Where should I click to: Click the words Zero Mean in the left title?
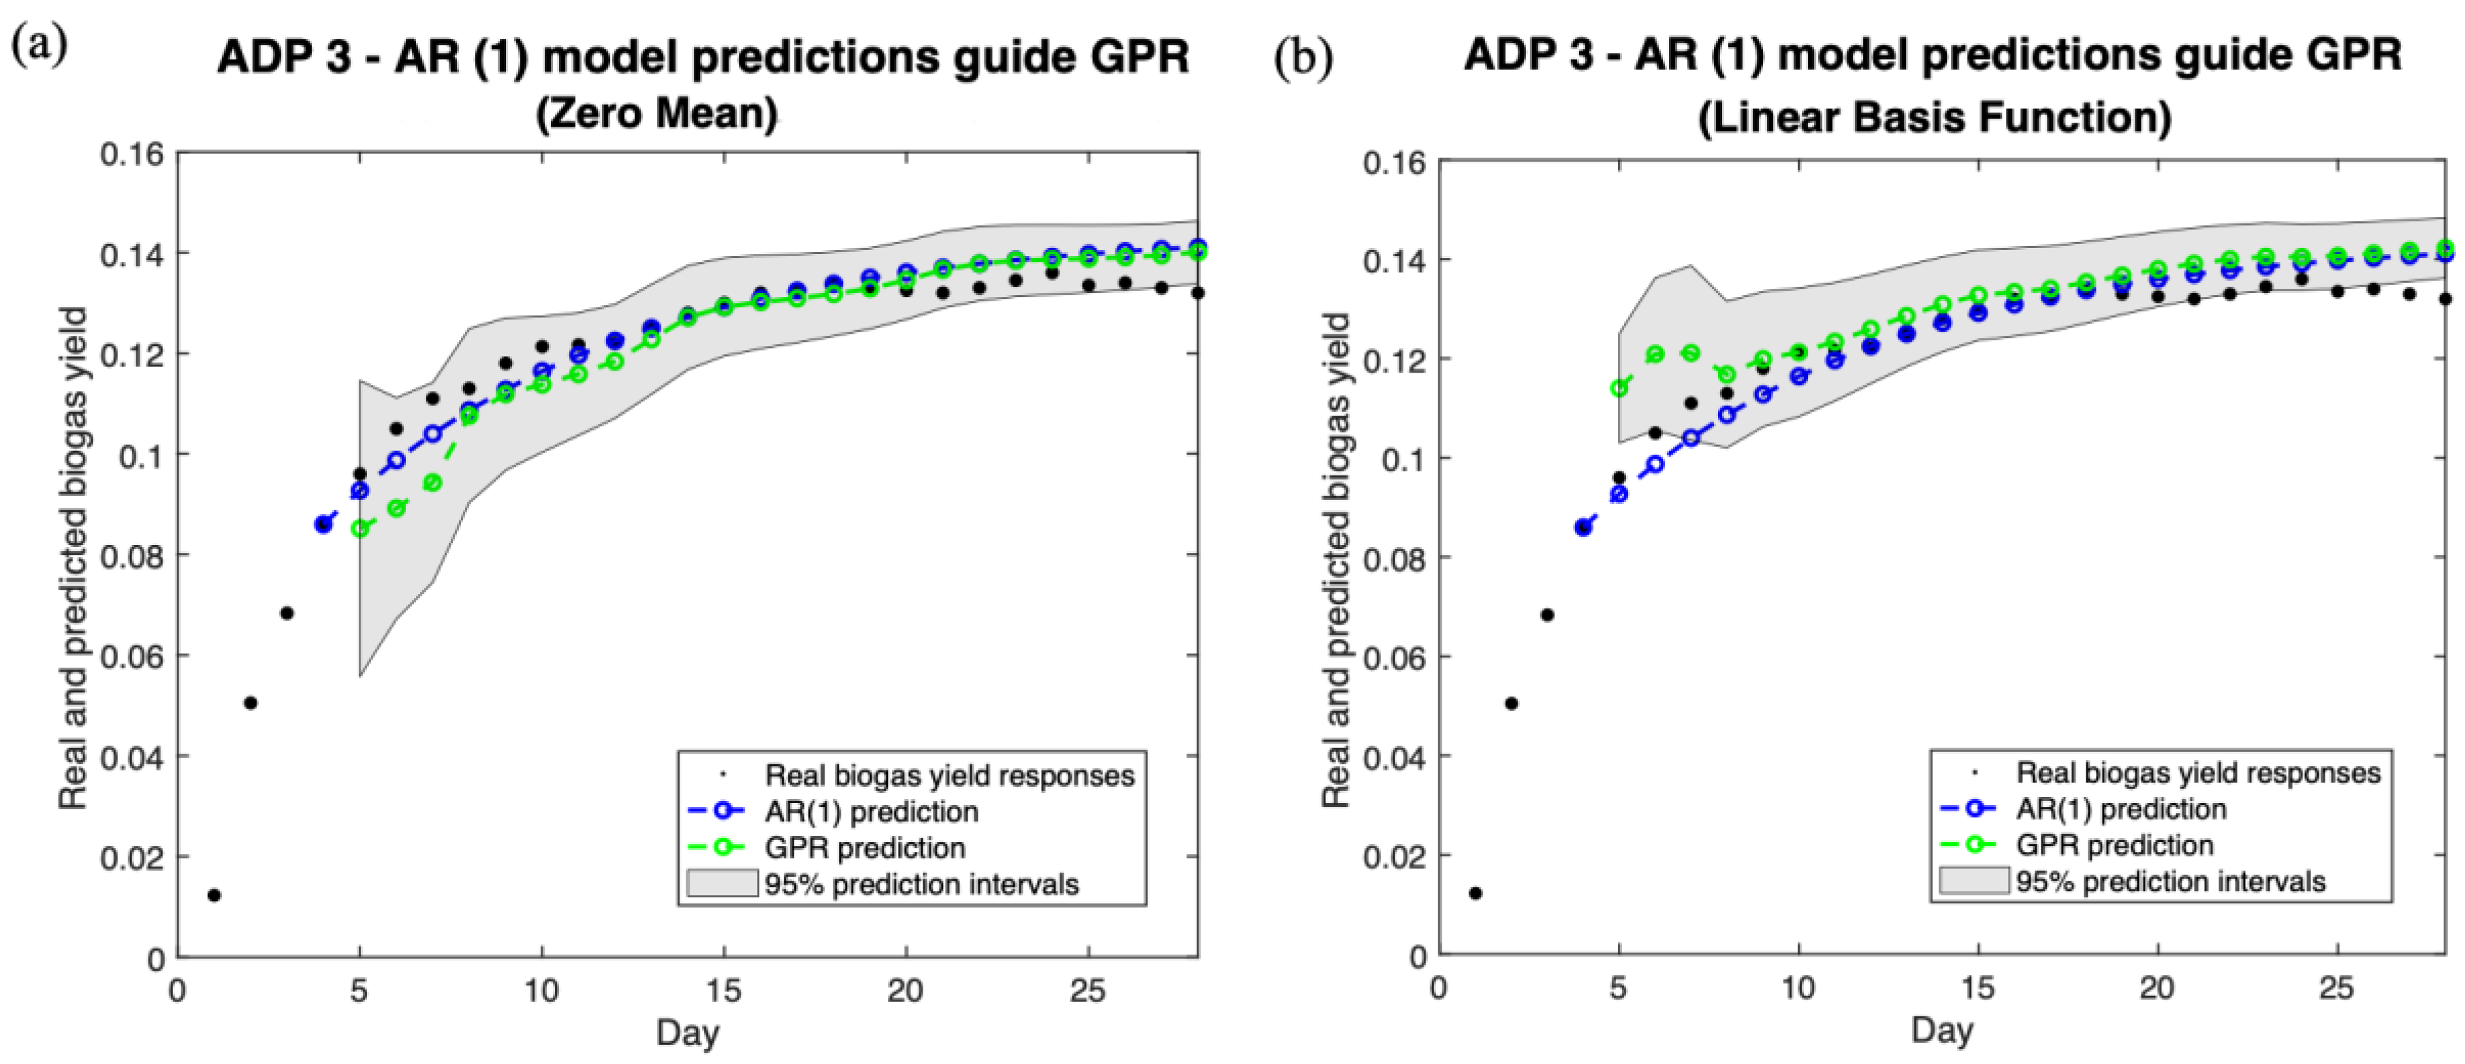coord(656,114)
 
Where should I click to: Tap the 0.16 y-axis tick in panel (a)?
coord(132,154)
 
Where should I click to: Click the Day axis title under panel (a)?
coord(688,1033)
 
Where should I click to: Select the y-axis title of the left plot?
coord(74,558)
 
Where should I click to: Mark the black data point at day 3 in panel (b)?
coord(1547,615)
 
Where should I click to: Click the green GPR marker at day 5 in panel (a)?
coord(360,528)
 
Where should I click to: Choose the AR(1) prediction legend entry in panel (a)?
coord(833,811)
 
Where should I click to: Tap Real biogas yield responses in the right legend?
coord(2198,772)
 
